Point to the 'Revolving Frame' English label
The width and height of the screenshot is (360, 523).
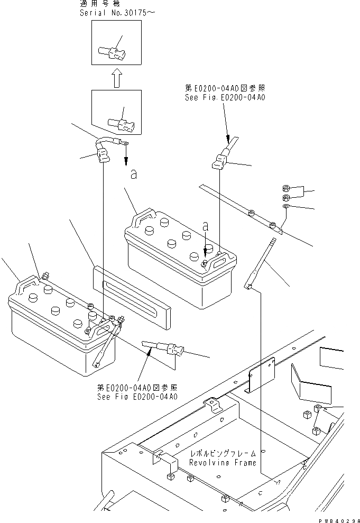(223, 463)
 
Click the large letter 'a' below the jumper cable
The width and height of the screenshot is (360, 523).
(134, 175)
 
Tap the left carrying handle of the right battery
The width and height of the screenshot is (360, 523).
(141, 218)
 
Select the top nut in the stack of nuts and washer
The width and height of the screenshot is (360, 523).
(285, 188)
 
